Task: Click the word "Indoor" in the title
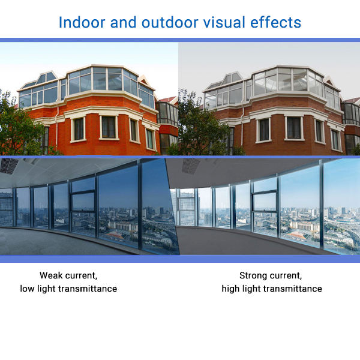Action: click(82, 23)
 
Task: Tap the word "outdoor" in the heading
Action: click(170, 23)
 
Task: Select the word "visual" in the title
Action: click(224, 23)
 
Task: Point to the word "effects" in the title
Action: click(275, 23)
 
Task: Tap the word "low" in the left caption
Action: click(27, 289)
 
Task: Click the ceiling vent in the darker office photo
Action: click(9, 166)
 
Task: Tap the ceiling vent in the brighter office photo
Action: click(191, 166)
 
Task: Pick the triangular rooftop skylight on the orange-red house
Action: click(47, 77)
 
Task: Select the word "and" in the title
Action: click(123, 23)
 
